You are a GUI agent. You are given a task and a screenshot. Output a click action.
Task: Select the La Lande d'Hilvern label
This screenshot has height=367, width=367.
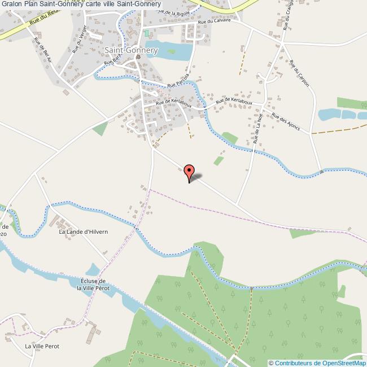[x=84, y=231]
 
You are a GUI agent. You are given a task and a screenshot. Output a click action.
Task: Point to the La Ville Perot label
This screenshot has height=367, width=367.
[x=42, y=346]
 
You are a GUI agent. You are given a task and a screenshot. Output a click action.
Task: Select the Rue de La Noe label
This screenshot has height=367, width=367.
[x=258, y=130]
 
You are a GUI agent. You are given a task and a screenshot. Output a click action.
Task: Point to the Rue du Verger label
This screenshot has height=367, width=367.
[x=80, y=41]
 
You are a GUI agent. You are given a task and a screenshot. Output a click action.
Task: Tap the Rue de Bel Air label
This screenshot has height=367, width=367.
[x=43, y=50]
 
